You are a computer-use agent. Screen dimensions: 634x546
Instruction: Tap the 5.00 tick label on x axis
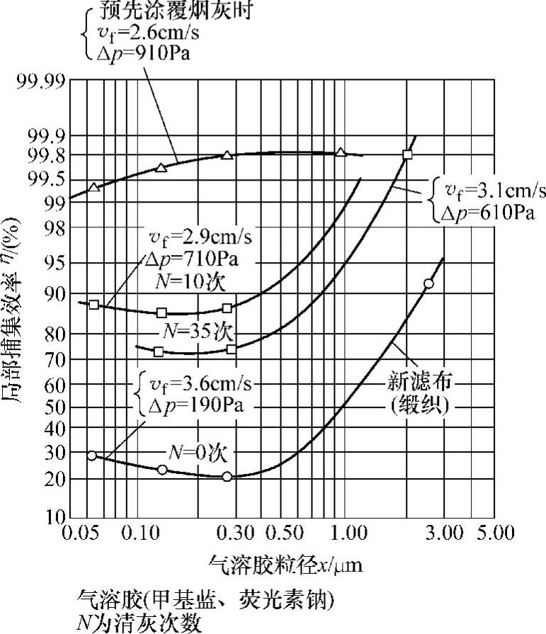[x=494, y=531]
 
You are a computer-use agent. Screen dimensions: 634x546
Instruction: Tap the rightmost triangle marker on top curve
[x=341, y=152]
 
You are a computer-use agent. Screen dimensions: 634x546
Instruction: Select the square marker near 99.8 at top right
[x=407, y=154]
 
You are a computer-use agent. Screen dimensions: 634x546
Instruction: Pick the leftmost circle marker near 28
[x=91, y=455]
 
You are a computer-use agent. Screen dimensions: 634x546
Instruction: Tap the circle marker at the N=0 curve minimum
[x=227, y=477]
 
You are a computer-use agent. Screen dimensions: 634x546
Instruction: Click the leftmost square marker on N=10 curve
[x=94, y=305]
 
